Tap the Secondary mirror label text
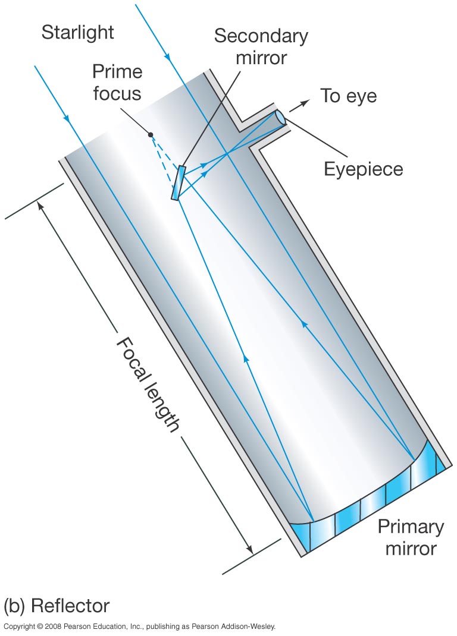point(261,47)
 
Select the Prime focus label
point(117,83)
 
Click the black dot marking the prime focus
point(151,135)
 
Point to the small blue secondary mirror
point(179,182)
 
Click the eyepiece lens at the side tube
point(280,118)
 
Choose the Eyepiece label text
point(363,169)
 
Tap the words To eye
point(348,96)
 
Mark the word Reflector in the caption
point(70,606)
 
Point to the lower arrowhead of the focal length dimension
point(249,550)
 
